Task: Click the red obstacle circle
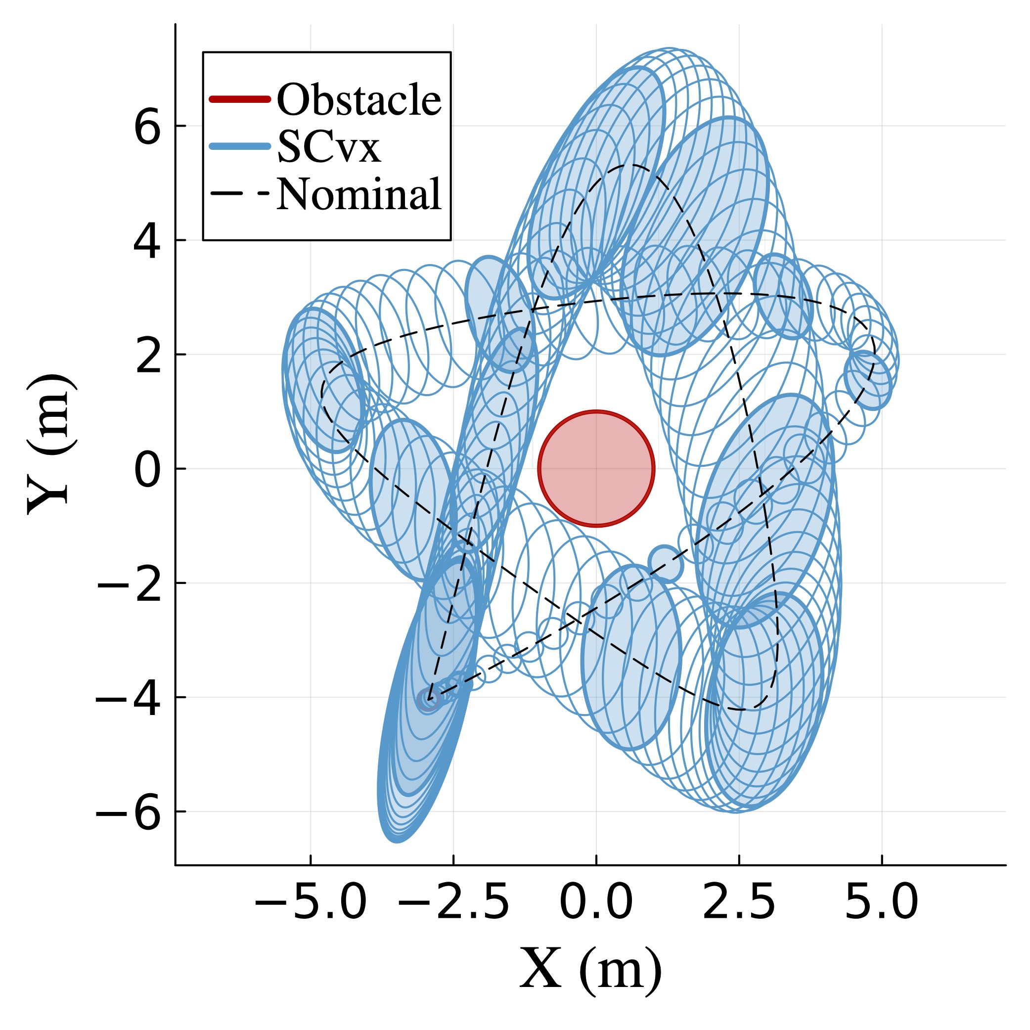tap(596, 469)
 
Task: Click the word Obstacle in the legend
tap(359, 100)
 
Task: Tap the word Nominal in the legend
tap(359, 194)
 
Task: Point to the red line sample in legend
tap(240, 99)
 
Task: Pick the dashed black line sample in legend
tap(240, 193)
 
